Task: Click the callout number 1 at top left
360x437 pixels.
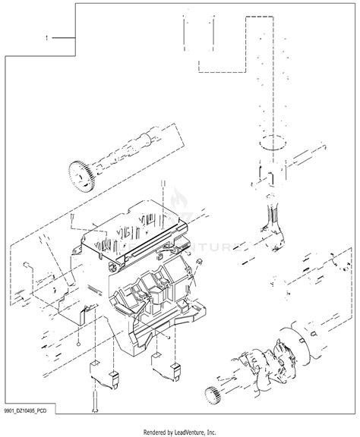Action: [x=48, y=36]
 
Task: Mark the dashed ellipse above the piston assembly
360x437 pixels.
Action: [x=273, y=141]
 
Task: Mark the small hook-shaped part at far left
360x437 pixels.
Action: [x=27, y=266]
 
